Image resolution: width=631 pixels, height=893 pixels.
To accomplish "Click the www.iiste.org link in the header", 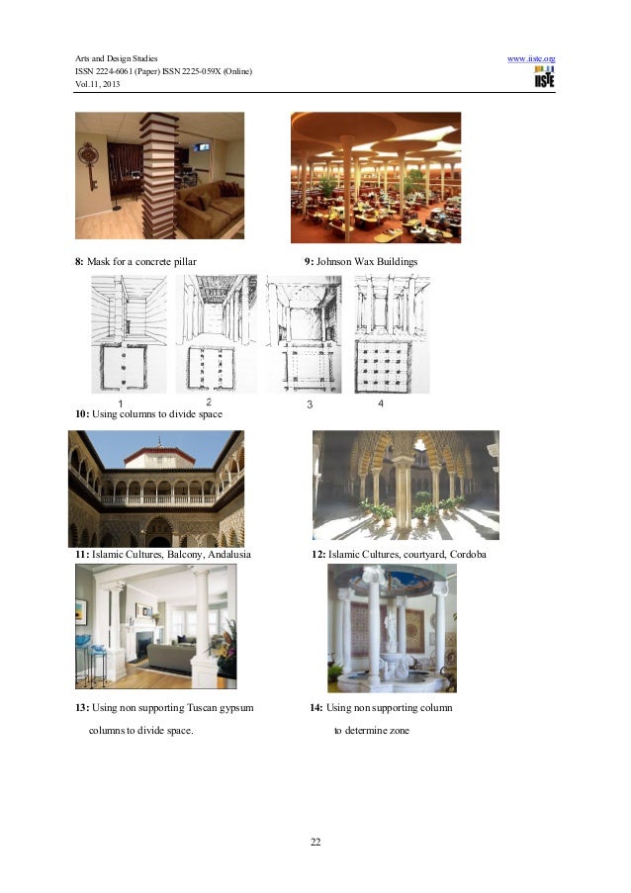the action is [x=531, y=58].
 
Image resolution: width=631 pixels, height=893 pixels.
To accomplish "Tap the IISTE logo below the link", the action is [x=544, y=76].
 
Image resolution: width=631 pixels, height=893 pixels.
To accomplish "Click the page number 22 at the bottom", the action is [x=315, y=842].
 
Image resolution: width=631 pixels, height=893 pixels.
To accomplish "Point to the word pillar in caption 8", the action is [x=185, y=262].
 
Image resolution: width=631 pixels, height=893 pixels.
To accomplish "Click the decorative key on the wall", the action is [x=89, y=164].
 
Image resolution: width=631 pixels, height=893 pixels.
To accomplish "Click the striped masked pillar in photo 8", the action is [x=159, y=175].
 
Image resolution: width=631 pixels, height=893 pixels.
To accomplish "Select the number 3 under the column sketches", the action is [x=310, y=404].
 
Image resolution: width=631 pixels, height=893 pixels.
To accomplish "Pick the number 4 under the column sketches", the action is [x=381, y=403].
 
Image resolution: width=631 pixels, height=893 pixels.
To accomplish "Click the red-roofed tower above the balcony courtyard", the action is [x=159, y=456].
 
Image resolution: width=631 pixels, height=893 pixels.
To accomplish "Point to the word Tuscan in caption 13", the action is [x=202, y=708].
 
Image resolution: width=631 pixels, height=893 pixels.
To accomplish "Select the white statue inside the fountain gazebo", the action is [x=392, y=631].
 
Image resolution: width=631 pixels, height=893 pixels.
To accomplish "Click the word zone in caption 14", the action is [x=398, y=731].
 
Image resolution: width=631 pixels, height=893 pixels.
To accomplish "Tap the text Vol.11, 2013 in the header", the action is [x=97, y=84].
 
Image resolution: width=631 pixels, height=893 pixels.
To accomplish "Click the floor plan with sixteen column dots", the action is [x=383, y=367].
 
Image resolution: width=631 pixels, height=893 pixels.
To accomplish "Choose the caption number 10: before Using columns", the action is [x=82, y=414].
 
